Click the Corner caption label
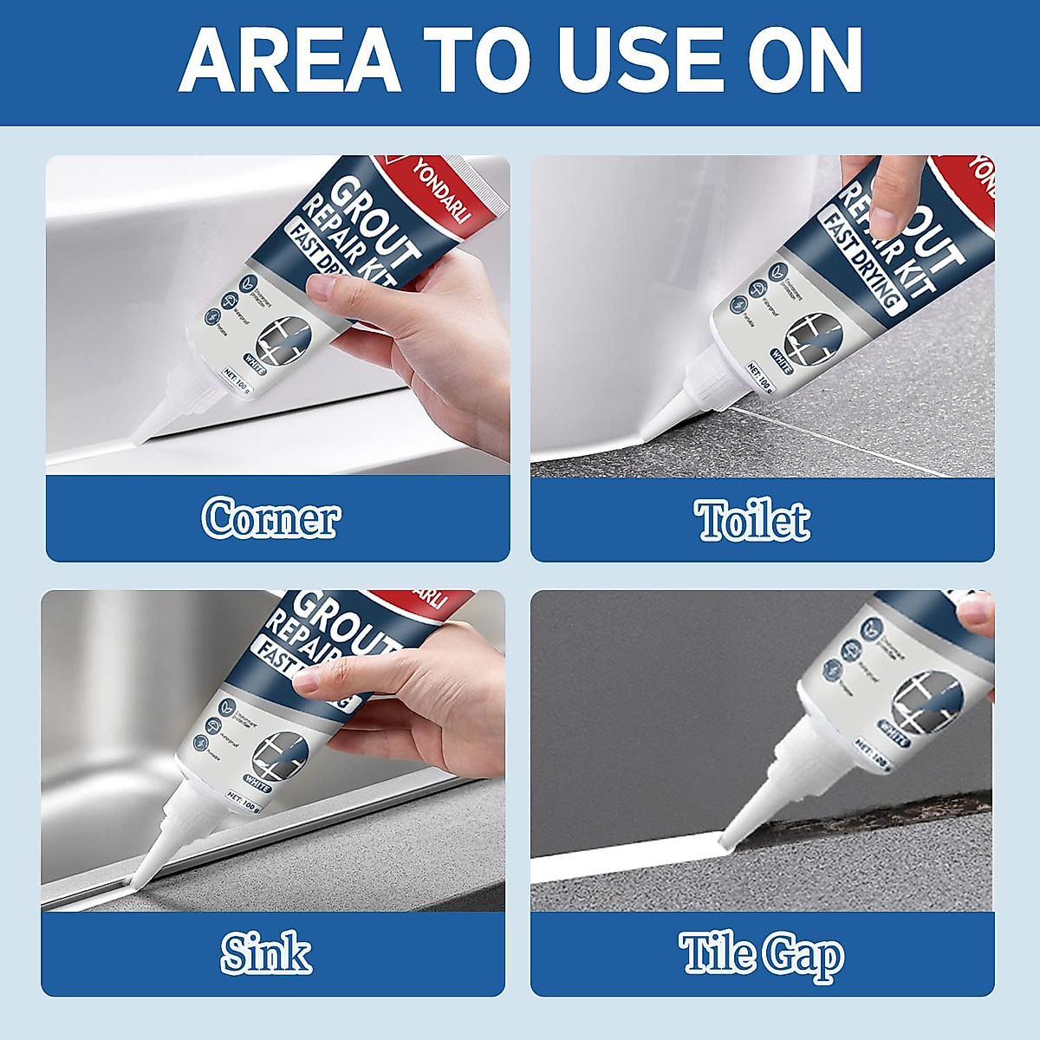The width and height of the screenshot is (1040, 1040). click(x=271, y=518)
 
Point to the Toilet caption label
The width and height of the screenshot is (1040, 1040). click(x=752, y=520)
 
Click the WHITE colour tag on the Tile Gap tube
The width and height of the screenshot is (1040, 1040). click(x=890, y=740)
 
